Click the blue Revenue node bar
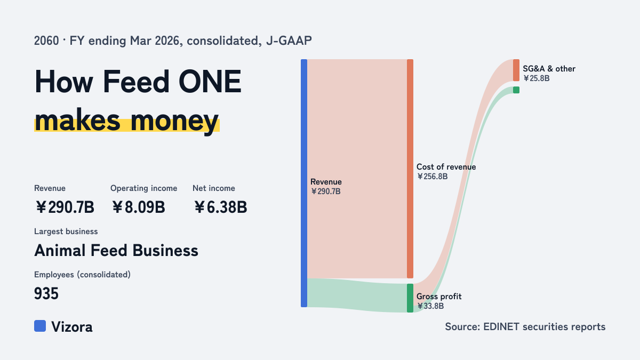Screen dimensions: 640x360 point(304,183)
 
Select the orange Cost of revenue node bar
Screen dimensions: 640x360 point(410,169)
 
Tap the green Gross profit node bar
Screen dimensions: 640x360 point(410,298)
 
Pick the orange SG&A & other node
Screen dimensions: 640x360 point(516,70)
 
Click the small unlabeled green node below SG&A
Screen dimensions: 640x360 point(516,90)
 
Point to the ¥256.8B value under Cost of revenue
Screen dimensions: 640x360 point(433,177)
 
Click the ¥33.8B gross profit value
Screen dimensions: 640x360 point(430,306)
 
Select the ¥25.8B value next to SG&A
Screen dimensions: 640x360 point(537,78)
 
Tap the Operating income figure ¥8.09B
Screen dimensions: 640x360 point(138,207)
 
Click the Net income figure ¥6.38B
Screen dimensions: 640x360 point(220,207)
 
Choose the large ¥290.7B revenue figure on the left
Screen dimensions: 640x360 point(65,207)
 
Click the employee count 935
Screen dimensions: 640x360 point(46,293)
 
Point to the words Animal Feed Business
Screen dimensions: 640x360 point(116,251)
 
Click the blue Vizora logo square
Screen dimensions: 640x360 point(40,326)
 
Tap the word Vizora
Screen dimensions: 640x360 point(72,327)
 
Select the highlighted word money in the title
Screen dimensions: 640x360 point(175,121)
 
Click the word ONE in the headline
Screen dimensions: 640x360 point(210,82)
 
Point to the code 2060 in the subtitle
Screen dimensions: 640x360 point(46,41)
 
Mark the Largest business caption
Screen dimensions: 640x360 point(66,231)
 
